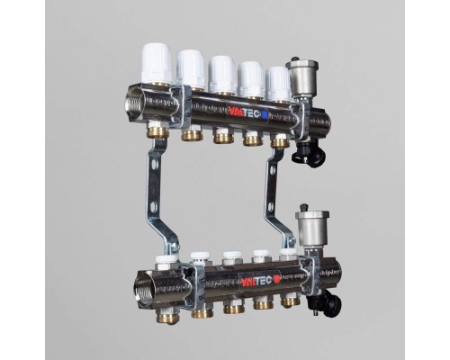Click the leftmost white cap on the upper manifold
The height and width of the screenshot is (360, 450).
click(x=157, y=63)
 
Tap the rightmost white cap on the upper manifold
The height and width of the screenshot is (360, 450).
click(x=278, y=83)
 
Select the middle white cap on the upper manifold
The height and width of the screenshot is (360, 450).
click(x=222, y=74)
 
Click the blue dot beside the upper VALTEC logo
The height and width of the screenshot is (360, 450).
click(x=265, y=115)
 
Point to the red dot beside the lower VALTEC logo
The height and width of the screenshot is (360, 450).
click(x=276, y=280)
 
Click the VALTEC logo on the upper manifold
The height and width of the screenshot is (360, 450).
click(x=245, y=112)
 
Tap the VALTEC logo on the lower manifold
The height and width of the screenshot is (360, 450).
click(x=256, y=281)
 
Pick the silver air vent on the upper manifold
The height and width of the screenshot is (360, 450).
click(x=301, y=78)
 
